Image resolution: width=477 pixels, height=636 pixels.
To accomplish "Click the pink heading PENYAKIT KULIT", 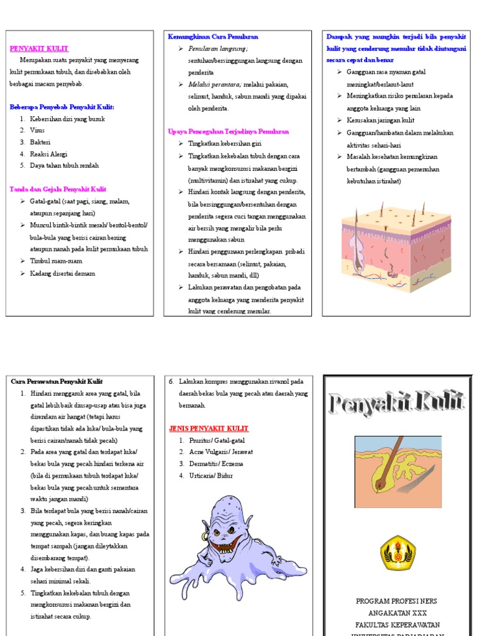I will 39,48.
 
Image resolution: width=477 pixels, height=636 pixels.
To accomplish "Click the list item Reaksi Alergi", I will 48,154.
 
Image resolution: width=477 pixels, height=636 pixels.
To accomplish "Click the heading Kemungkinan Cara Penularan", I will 213,37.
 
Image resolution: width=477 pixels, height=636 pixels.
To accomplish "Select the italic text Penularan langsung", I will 218,48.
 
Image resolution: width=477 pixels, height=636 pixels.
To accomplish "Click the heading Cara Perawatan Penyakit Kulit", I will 57,381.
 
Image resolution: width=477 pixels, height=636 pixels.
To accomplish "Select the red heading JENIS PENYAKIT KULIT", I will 209,429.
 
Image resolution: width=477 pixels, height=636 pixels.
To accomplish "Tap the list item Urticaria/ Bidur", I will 207,476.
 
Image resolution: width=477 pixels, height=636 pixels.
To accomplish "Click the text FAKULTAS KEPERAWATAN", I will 396,624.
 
